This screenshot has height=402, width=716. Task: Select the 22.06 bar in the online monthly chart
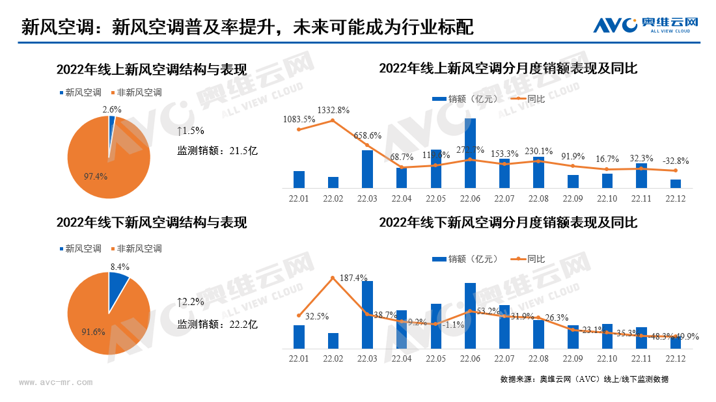tap(470, 153)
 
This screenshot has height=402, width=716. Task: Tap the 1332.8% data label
tap(333, 110)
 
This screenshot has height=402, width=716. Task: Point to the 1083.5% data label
tap(299, 119)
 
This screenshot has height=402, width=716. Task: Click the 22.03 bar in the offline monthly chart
tap(367, 315)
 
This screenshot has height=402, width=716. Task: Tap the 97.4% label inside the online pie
tap(95, 176)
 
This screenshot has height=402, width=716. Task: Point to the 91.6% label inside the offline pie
tap(94, 332)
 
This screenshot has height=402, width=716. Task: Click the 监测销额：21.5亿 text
tap(217, 151)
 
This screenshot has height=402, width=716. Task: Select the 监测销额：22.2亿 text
tap(217, 324)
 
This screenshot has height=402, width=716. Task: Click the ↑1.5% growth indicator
tap(190, 131)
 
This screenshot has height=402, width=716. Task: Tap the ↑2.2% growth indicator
tap(190, 302)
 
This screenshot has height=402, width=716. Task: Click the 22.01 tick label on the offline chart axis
tap(299, 358)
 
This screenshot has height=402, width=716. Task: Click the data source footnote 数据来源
tap(584, 379)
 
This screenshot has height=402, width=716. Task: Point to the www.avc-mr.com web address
tap(56, 383)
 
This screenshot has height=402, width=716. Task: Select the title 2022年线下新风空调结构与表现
tap(151, 222)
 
